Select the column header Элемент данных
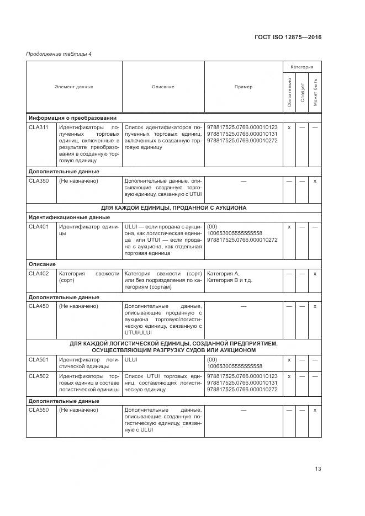tap(74, 87)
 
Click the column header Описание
tap(163, 87)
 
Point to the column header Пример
tap(243, 87)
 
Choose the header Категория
tap(302, 67)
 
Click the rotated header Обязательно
tap(289, 93)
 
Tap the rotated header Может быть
tap(315, 93)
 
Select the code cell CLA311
tap(39, 127)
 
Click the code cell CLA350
tap(39, 181)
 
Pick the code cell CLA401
tap(39, 227)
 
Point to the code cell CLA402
tap(39, 274)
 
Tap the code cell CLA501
tap(39, 359)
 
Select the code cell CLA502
tap(39, 376)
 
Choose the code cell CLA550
tap(39, 410)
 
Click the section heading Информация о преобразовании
tap(72, 118)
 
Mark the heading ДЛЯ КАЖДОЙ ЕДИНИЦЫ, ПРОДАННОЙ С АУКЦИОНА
tap(173, 208)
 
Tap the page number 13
tap(318, 469)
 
